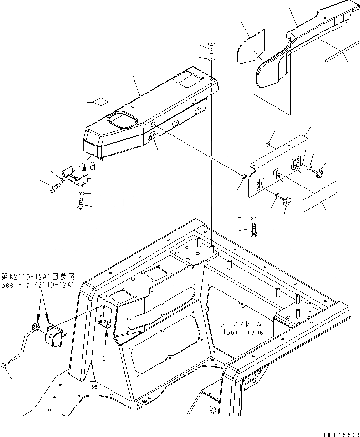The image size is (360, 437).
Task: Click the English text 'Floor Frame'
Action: coord(240,332)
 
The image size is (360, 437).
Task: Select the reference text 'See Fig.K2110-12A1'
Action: coord(38,285)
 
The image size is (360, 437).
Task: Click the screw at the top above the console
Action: coord(211,47)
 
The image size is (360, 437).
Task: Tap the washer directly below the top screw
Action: coord(211,59)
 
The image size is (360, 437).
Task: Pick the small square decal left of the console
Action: coord(100,102)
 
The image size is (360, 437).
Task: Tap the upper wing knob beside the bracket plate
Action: coord(319,169)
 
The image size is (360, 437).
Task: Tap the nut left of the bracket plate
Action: coord(242,178)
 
